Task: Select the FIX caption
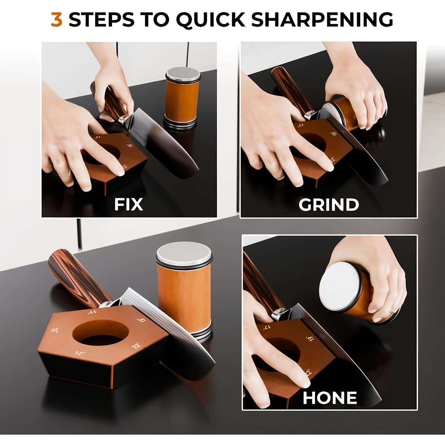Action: pos(129,204)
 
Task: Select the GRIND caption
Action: pos(329,204)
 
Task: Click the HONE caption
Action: pos(330,398)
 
